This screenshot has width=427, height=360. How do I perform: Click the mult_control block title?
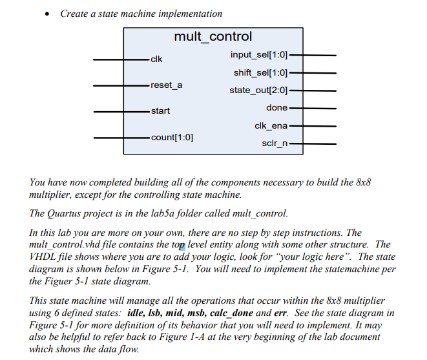[x=213, y=37]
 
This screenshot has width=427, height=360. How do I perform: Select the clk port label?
[x=156, y=60]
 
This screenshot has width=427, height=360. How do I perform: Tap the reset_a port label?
[x=166, y=85]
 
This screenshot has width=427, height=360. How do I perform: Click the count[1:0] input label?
[x=172, y=137]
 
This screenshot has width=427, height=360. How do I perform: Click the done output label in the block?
[x=276, y=107]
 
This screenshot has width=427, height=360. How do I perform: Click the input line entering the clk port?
[x=120, y=60]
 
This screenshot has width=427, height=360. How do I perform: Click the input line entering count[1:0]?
[x=120, y=137]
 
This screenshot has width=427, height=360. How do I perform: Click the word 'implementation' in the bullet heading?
[x=193, y=14]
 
